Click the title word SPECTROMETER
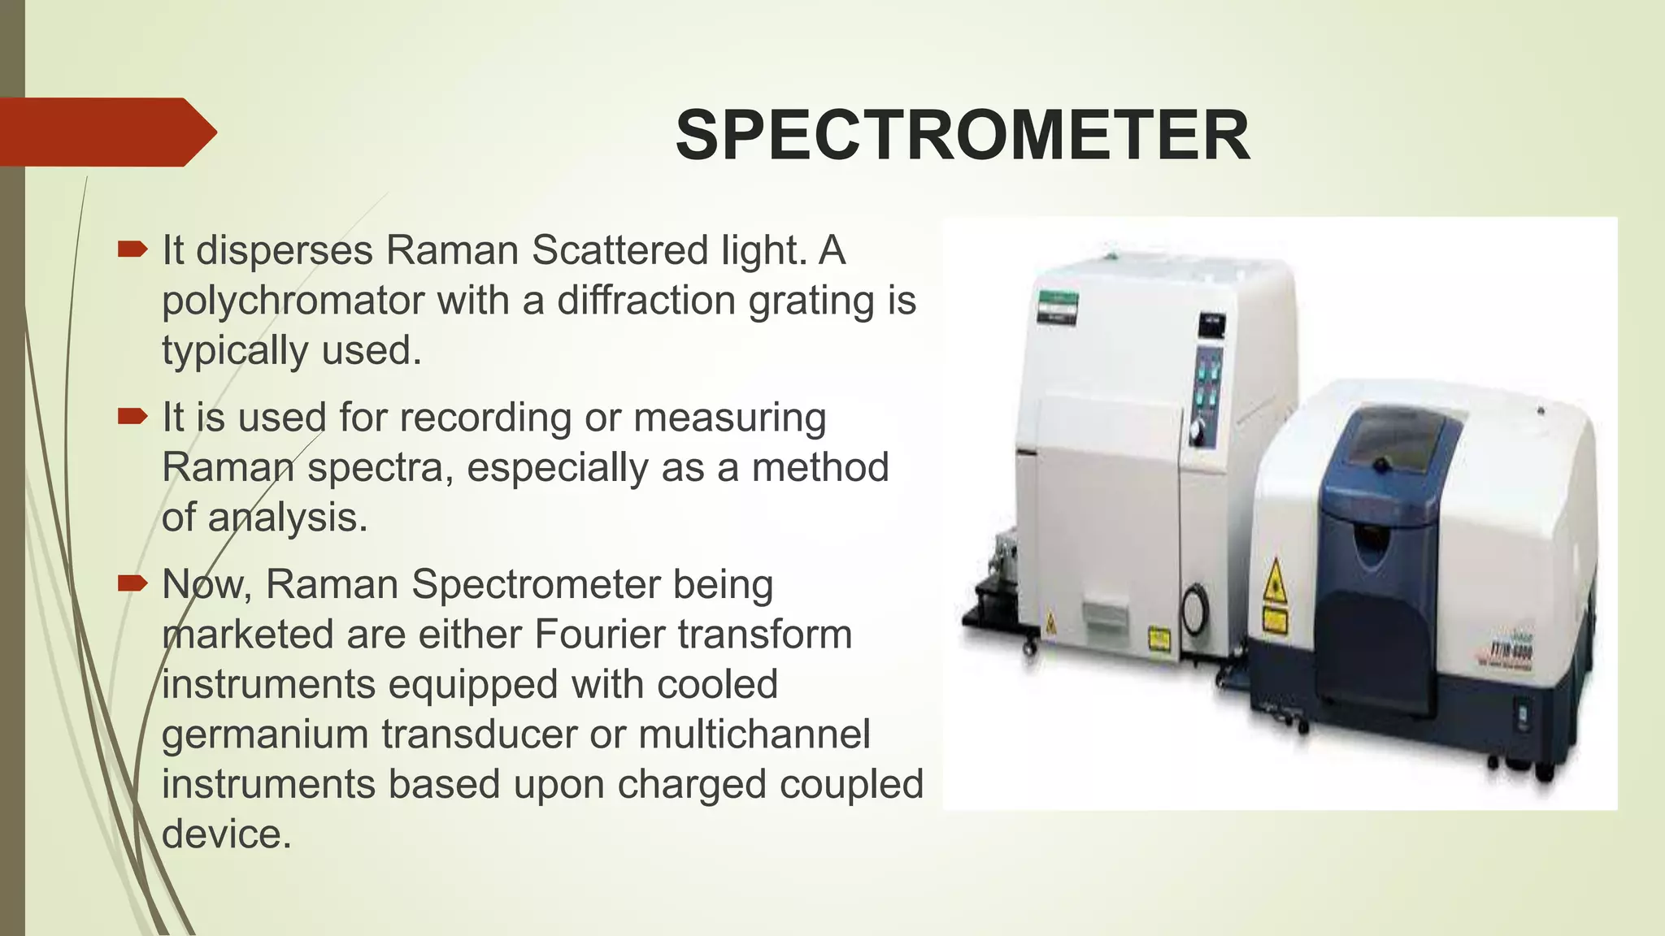point(962,136)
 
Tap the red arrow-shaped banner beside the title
point(106,132)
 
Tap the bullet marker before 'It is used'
point(132,416)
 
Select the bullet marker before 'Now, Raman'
point(132,583)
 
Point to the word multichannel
point(754,734)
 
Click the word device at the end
point(226,834)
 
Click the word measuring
point(729,418)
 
